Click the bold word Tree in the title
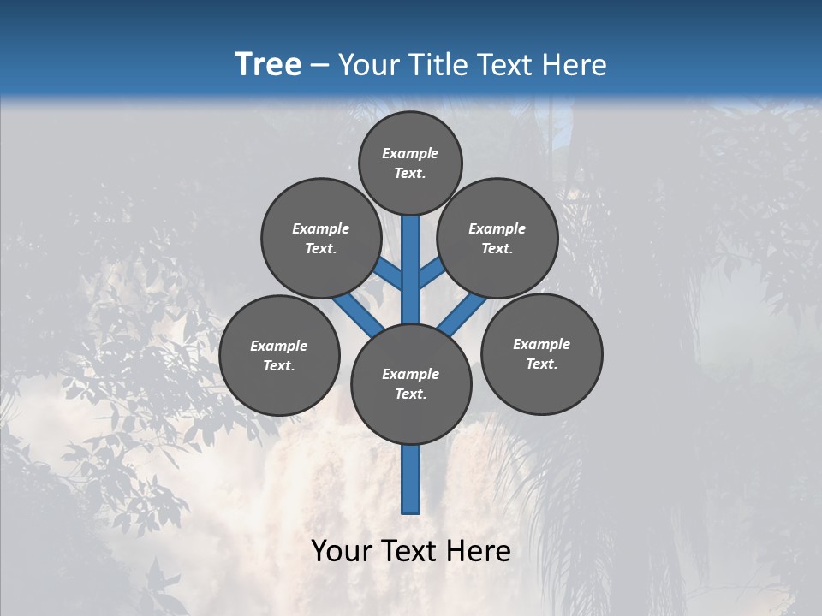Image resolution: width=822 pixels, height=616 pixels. (x=268, y=64)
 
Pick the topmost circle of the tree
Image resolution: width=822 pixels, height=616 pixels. (x=410, y=163)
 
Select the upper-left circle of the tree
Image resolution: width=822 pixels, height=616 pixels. (x=320, y=238)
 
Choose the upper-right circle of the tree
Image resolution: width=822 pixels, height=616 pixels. (x=497, y=238)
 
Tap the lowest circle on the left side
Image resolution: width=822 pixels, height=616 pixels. (x=279, y=355)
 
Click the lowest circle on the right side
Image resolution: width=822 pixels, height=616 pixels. (x=541, y=353)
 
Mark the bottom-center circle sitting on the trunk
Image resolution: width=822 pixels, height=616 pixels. (x=411, y=384)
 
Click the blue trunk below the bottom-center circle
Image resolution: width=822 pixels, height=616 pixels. (x=411, y=479)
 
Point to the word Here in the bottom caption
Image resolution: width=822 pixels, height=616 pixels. (x=480, y=550)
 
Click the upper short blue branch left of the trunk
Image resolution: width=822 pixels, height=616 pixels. (x=390, y=273)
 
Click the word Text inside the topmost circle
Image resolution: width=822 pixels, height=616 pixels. (x=410, y=173)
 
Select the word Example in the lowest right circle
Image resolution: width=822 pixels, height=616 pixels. (x=541, y=344)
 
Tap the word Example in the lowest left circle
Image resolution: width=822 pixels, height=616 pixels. (x=278, y=346)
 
